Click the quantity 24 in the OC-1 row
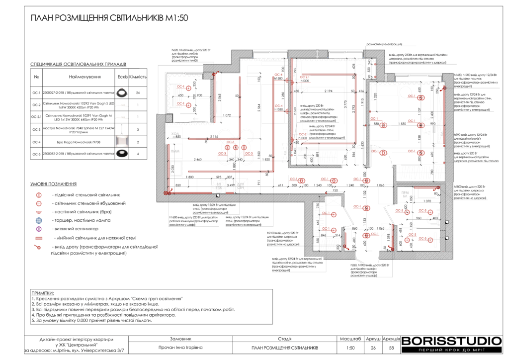138,92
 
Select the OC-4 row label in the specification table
36,142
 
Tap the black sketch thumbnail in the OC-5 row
121,154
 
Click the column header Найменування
85,77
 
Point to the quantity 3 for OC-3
138,129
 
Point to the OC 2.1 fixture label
304,77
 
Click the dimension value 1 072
227,115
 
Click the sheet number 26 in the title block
373,348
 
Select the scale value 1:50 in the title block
350,348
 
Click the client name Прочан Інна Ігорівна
180,348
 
